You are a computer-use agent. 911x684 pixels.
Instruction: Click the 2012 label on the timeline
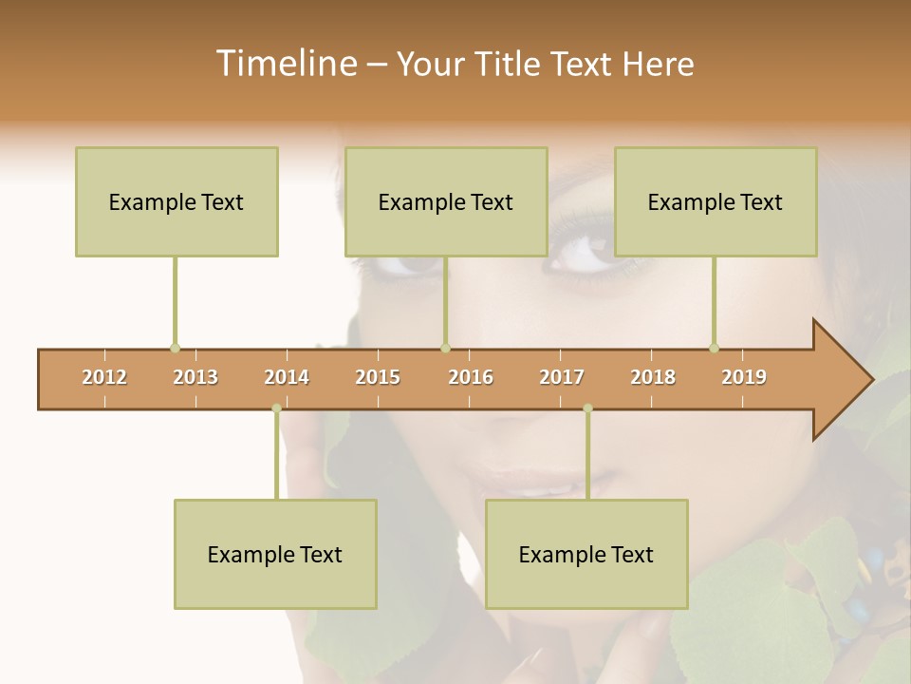[x=104, y=377]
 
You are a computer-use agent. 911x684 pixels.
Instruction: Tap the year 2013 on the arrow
[x=195, y=377]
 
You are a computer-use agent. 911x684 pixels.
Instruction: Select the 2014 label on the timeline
[x=287, y=377]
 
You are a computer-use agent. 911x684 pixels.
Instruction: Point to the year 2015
[x=378, y=377]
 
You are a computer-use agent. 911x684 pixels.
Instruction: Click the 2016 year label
[x=471, y=377]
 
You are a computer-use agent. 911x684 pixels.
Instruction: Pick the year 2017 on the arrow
[x=562, y=377]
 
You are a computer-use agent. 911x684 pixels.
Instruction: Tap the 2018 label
[x=653, y=377]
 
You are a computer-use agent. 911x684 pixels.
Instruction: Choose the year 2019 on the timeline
[x=744, y=377]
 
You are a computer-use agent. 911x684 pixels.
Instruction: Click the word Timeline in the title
[x=285, y=64]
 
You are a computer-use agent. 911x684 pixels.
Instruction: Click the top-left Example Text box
[x=177, y=201]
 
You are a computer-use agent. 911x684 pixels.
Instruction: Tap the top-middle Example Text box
[x=446, y=201]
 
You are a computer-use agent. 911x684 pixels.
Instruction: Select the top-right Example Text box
[x=716, y=201]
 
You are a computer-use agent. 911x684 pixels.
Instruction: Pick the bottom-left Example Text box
[x=275, y=554]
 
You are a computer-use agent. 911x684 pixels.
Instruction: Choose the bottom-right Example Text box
[x=586, y=554]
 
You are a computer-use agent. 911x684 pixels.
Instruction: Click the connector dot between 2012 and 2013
[x=175, y=348]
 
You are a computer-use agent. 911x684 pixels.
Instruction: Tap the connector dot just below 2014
[x=276, y=408]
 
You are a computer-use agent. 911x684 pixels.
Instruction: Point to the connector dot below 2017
[x=587, y=408]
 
